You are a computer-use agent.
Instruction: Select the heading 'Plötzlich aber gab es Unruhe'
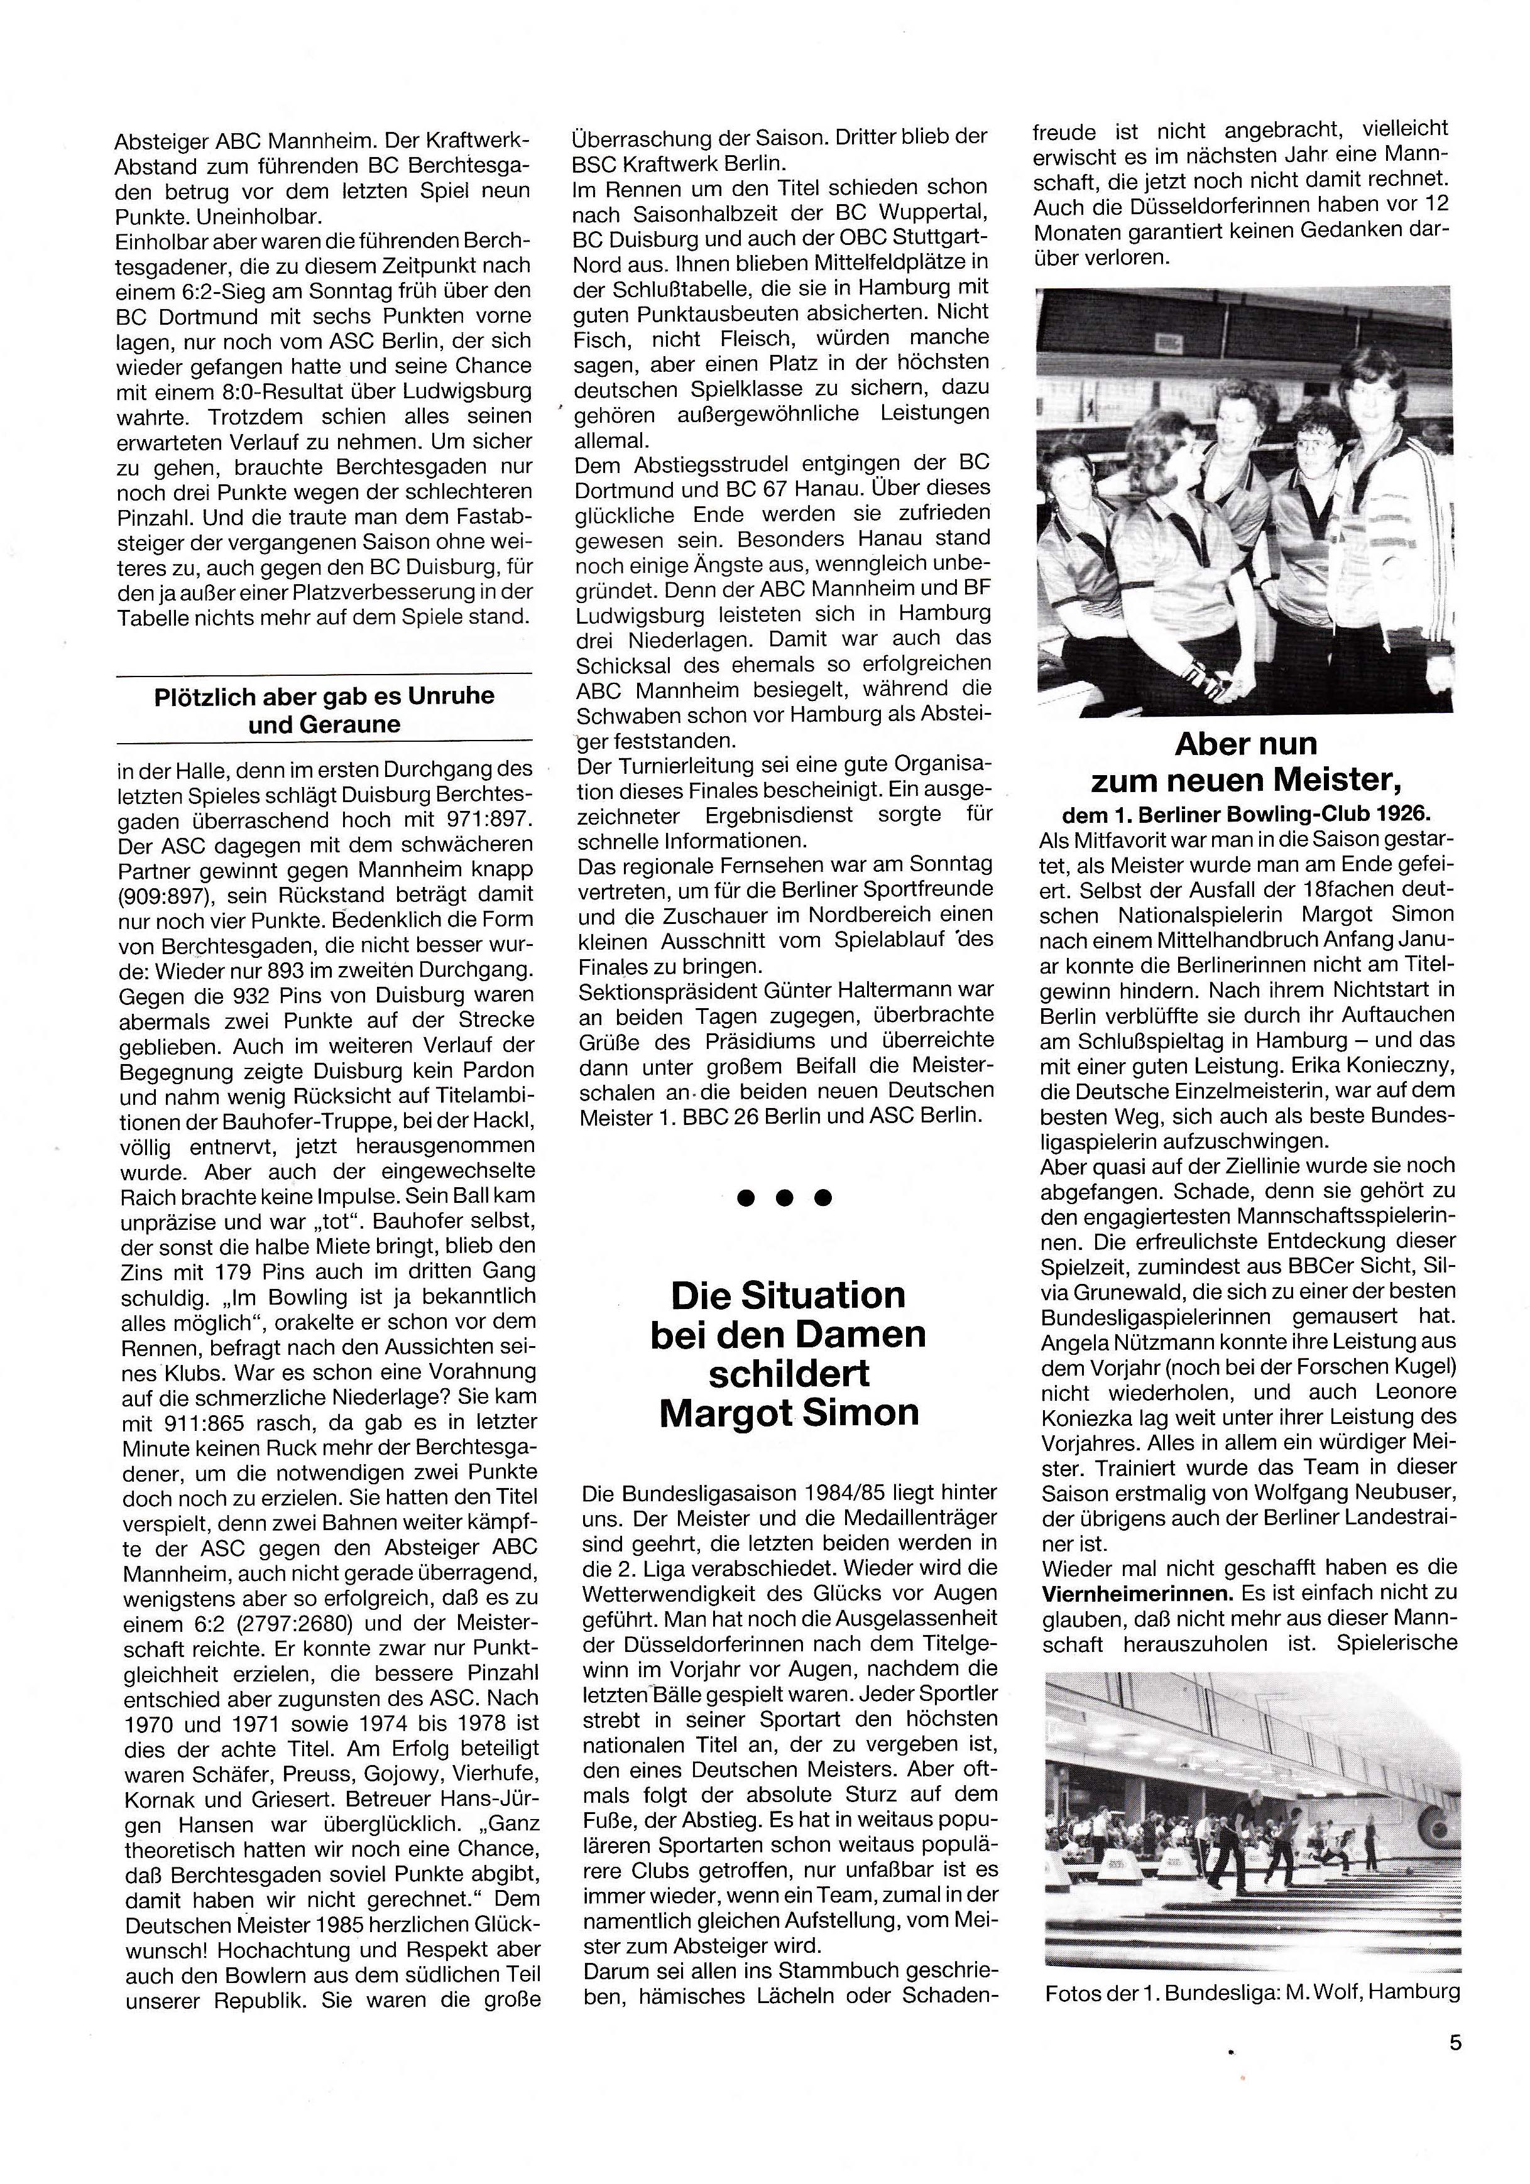324,695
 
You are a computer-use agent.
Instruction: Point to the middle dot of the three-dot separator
785,1197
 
